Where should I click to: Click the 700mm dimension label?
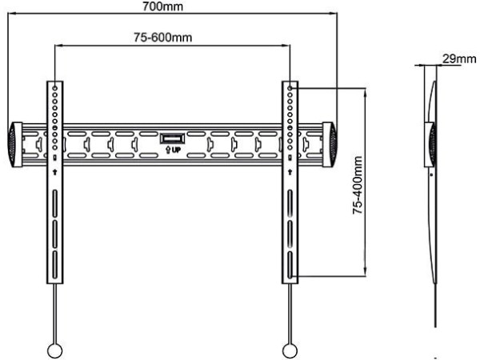pyautogui.click(x=162, y=6)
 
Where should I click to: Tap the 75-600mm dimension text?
pyautogui.click(x=163, y=38)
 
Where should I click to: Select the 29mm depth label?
pyautogui.click(x=459, y=58)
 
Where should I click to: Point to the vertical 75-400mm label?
pyautogui.click(x=358, y=185)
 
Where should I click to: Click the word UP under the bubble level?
pyautogui.click(x=176, y=150)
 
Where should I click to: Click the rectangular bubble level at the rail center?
pyautogui.click(x=172, y=138)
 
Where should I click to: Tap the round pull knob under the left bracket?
pyautogui.click(x=54, y=350)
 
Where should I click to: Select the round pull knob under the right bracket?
pyautogui.click(x=290, y=350)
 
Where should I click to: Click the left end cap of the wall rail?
pyautogui.click(x=14, y=145)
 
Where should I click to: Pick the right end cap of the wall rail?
pyautogui.click(x=330, y=145)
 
